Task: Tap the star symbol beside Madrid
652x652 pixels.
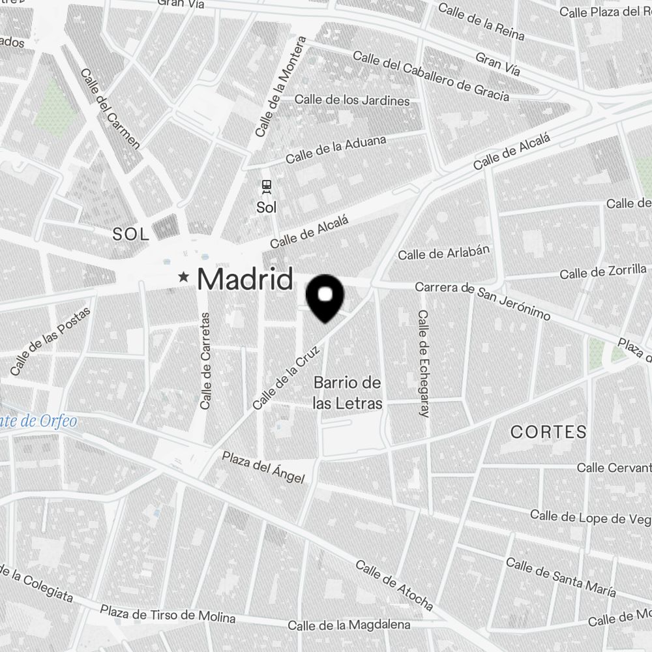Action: click(185, 278)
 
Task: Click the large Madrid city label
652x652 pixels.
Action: click(244, 279)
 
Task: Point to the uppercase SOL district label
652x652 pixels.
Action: click(131, 235)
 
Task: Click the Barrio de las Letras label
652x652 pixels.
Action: click(347, 393)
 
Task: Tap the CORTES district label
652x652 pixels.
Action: click(548, 432)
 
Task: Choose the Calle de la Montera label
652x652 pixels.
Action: click(280, 87)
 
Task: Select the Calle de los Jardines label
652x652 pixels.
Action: click(352, 100)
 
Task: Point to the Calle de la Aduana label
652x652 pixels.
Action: click(336, 149)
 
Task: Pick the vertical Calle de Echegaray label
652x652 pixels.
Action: click(423, 363)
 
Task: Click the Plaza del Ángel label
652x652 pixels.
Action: click(263, 467)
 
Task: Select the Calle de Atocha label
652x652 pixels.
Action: click(394, 585)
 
